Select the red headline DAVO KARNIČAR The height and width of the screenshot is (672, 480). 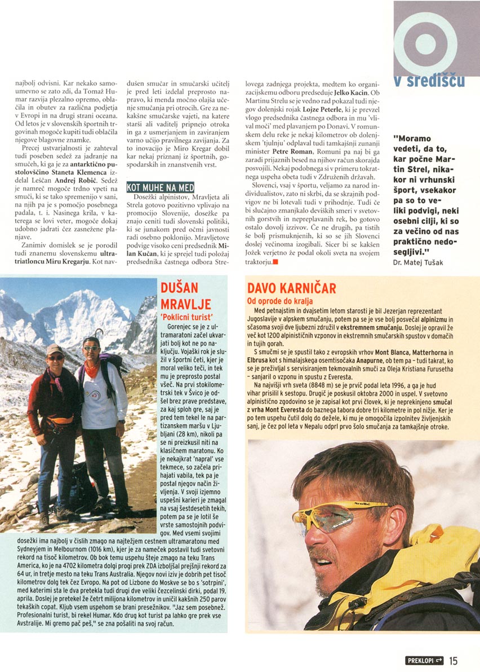(291, 289)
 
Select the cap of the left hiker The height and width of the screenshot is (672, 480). (55, 349)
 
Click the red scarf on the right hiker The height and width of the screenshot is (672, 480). (92, 370)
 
